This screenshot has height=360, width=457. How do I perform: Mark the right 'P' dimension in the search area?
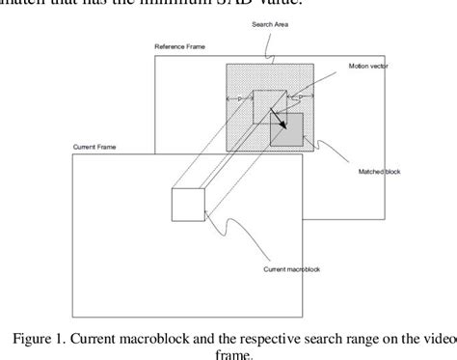coord(302,99)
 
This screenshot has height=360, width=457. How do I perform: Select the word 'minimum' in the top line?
coord(175,6)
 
